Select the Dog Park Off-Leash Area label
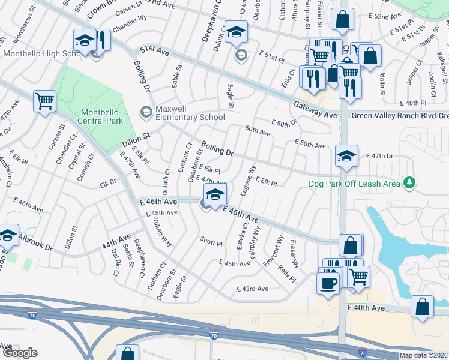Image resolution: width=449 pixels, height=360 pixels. [354, 184]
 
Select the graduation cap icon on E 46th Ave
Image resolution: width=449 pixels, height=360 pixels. [215, 194]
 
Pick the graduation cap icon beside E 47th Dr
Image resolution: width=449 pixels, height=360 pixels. [346, 156]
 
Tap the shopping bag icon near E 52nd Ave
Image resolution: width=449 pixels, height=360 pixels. [342, 19]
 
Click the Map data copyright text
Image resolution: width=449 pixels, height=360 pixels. [423, 355]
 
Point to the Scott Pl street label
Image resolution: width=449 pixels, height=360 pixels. [211, 244]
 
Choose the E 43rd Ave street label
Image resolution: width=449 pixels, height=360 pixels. [253, 289]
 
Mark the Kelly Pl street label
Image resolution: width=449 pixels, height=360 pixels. [287, 275]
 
